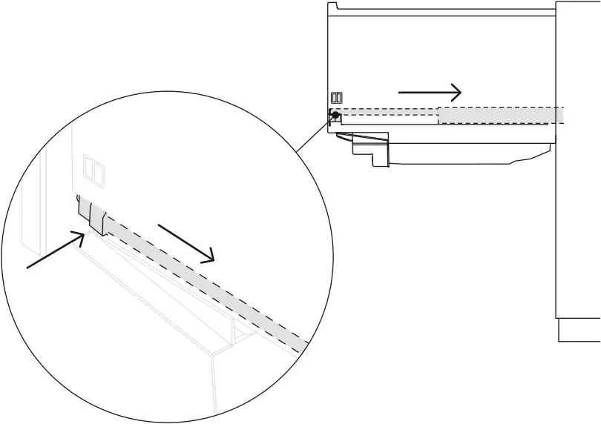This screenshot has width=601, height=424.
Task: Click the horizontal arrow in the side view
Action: (430, 92)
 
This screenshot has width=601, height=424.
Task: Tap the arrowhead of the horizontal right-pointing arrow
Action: (456, 92)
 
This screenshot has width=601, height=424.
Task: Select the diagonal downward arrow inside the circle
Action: (186, 242)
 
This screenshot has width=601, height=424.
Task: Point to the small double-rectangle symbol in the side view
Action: (336, 98)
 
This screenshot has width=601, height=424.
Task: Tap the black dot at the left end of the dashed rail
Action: (335, 115)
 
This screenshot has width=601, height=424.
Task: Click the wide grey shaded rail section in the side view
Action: (501, 115)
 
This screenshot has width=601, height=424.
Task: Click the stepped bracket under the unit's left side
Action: (371, 148)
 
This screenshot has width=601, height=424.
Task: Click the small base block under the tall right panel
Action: (579, 330)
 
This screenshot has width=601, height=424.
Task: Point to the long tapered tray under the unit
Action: (467, 153)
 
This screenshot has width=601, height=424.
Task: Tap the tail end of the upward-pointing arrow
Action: (30, 266)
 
